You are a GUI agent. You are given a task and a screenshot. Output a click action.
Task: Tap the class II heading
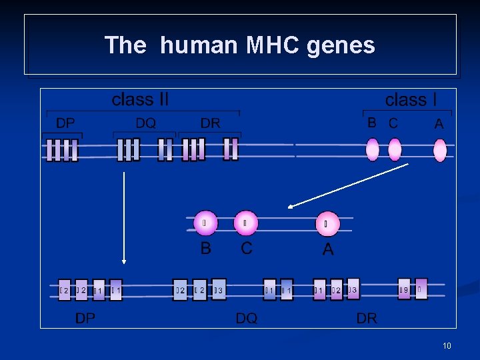[x=140, y=100]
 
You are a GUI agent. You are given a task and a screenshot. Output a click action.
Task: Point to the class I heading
[x=411, y=100]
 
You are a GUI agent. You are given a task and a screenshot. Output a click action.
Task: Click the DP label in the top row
[x=65, y=123]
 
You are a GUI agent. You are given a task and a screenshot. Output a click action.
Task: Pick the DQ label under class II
[x=145, y=123]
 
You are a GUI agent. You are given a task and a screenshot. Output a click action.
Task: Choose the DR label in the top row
[x=210, y=123]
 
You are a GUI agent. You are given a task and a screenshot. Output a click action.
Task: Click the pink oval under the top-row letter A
[x=440, y=150]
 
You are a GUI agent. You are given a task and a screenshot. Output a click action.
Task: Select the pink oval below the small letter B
[x=373, y=149]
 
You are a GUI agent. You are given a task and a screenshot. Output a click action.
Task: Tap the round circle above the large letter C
[x=246, y=223]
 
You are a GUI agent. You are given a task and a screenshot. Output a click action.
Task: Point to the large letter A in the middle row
[x=327, y=249]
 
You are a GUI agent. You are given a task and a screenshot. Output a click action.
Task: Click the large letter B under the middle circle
[x=206, y=249]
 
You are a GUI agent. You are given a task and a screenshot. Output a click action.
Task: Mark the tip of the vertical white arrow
[x=123, y=263]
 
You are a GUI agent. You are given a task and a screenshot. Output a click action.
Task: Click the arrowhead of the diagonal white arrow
[x=289, y=207]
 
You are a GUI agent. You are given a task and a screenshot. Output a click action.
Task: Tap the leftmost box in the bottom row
[x=64, y=290]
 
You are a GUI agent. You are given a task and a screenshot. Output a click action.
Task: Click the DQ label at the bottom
[x=247, y=318]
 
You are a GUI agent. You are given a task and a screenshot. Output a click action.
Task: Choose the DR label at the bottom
[x=367, y=318]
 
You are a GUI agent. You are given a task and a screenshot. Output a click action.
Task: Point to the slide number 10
[x=447, y=345]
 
